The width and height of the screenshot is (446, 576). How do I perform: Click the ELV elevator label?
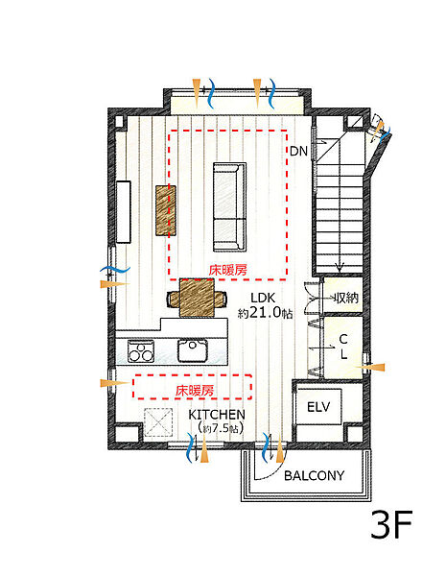click(x=318, y=407)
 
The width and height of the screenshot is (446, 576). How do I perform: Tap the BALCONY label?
click(x=315, y=476)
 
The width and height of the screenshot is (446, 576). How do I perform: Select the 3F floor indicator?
click(x=391, y=524)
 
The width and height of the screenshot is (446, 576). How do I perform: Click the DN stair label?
click(x=298, y=151)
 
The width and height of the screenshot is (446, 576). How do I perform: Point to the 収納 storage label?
click(x=345, y=298)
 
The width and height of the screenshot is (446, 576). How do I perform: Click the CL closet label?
click(x=343, y=347)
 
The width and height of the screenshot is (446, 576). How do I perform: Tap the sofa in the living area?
click(x=229, y=206)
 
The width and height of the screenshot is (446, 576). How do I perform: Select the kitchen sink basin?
click(x=193, y=350)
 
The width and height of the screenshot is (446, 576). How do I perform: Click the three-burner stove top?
click(x=141, y=350)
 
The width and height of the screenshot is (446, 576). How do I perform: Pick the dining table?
click(x=197, y=298)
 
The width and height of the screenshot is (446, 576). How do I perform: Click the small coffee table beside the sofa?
click(x=166, y=210)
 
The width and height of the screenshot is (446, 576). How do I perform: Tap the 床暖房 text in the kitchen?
click(x=194, y=391)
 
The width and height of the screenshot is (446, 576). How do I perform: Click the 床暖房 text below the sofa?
click(x=228, y=271)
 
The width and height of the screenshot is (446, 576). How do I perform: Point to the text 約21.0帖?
click(x=265, y=313)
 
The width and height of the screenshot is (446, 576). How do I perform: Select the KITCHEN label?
click(x=217, y=415)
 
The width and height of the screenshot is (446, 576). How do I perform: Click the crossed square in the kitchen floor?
click(x=158, y=422)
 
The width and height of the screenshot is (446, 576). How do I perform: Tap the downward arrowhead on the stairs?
click(x=340, y=267)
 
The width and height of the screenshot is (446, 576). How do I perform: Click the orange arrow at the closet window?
click(x=370, y=367)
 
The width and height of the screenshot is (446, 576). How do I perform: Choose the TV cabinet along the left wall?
click(x=124, y=211)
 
